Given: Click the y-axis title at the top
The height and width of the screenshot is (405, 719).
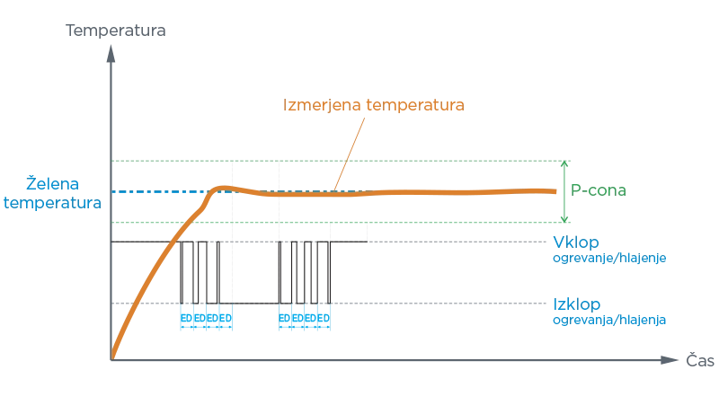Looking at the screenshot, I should [115, 29].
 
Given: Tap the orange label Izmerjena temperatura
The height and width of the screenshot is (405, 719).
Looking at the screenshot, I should [373, 106].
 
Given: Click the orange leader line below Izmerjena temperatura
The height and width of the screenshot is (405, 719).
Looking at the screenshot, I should [351, 148].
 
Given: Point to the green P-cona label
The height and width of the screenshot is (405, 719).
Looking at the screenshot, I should [598, 191].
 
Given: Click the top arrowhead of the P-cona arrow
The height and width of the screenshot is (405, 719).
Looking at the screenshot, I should [564, 166].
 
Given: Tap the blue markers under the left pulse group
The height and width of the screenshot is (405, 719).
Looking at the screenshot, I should [206, 319].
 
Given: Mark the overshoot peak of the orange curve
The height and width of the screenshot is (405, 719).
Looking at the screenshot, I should [222, 187].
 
